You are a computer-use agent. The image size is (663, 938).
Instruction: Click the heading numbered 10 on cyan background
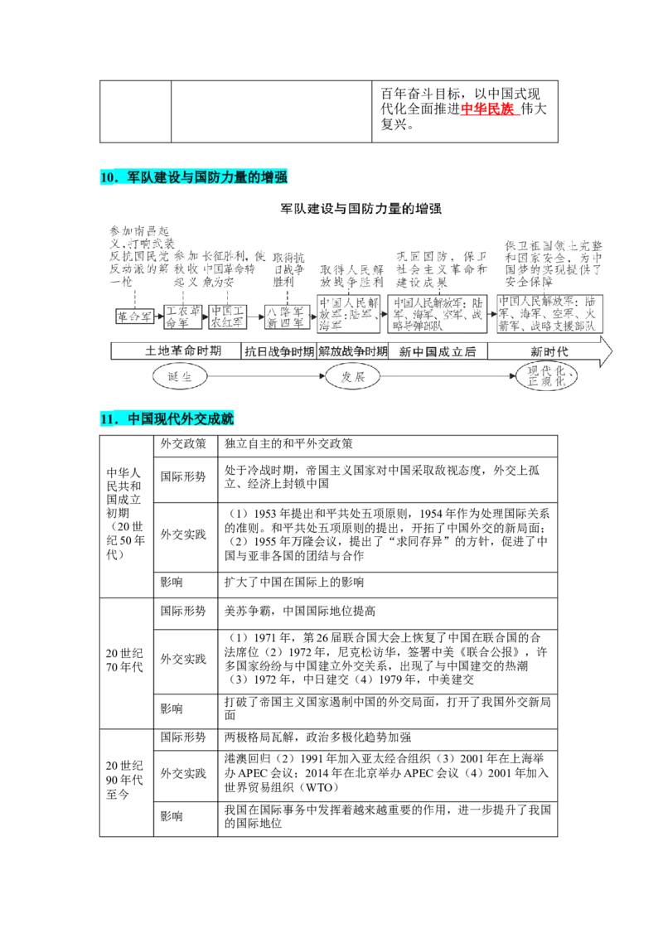tap(195, 177)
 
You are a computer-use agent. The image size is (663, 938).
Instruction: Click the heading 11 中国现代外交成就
tap(168, 420)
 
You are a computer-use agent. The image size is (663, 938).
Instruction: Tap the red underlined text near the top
tap(489, 109)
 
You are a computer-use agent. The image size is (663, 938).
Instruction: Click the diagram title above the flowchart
tap(361, 210)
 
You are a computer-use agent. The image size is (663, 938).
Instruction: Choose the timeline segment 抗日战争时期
tap(278, 351)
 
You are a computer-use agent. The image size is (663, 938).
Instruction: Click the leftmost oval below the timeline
tap(177, 378)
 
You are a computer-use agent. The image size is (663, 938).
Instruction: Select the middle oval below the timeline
tap(351, 378)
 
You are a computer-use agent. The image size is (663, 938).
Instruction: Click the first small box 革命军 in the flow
tap(133, 316)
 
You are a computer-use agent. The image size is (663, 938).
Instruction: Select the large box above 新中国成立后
tap(437, 314)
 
